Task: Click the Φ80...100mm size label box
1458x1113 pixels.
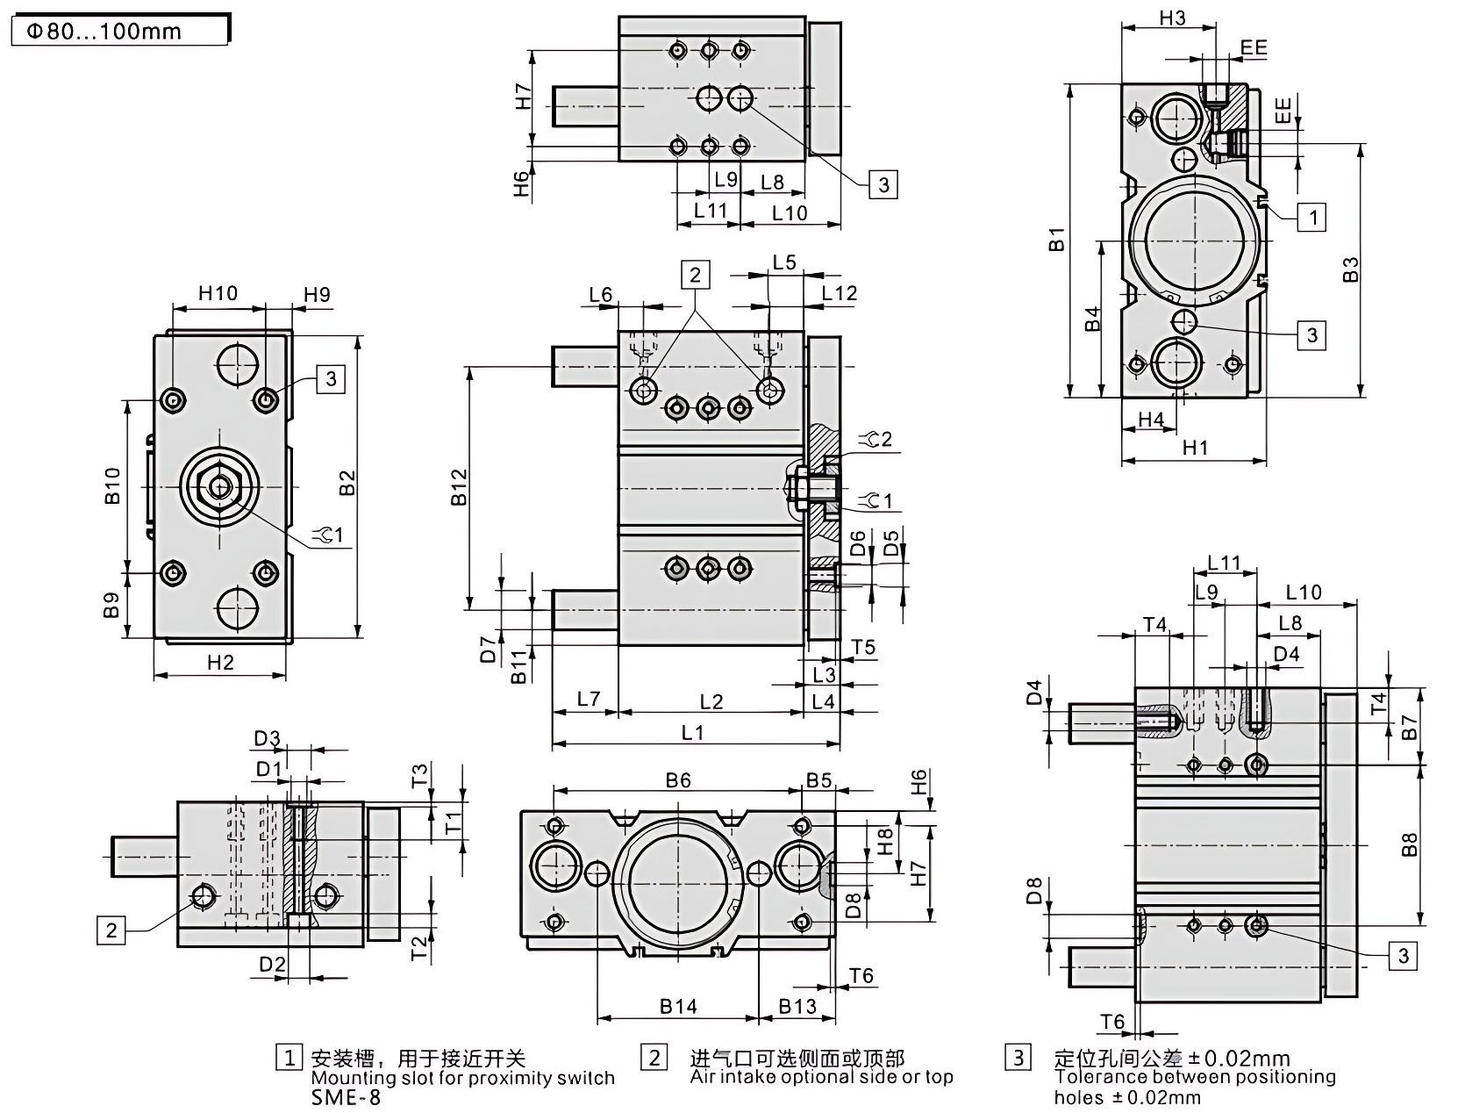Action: [119, 32]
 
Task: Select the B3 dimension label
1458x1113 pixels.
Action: [1351, 269]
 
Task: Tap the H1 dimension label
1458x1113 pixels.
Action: [1195, 448]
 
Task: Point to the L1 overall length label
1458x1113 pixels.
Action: [692, 732]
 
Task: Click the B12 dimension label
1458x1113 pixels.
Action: [459, 488]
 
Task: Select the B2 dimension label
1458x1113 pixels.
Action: [347, 483]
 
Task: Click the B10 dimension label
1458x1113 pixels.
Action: [112, 485]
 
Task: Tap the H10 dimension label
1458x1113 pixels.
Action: [217, 293]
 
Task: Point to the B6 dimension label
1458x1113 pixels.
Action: [677, 779]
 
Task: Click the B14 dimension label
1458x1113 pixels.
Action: [678, 1006]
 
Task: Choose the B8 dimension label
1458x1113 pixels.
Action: [1409, 844]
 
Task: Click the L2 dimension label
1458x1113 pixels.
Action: [711, 701]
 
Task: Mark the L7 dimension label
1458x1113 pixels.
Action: [588, 699]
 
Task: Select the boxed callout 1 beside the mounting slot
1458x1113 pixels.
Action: [1312, 217]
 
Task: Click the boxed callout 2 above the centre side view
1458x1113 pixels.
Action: [696, 275]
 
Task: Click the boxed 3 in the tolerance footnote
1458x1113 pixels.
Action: [1018, 1057]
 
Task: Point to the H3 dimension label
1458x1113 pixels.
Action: [1172, 18]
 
